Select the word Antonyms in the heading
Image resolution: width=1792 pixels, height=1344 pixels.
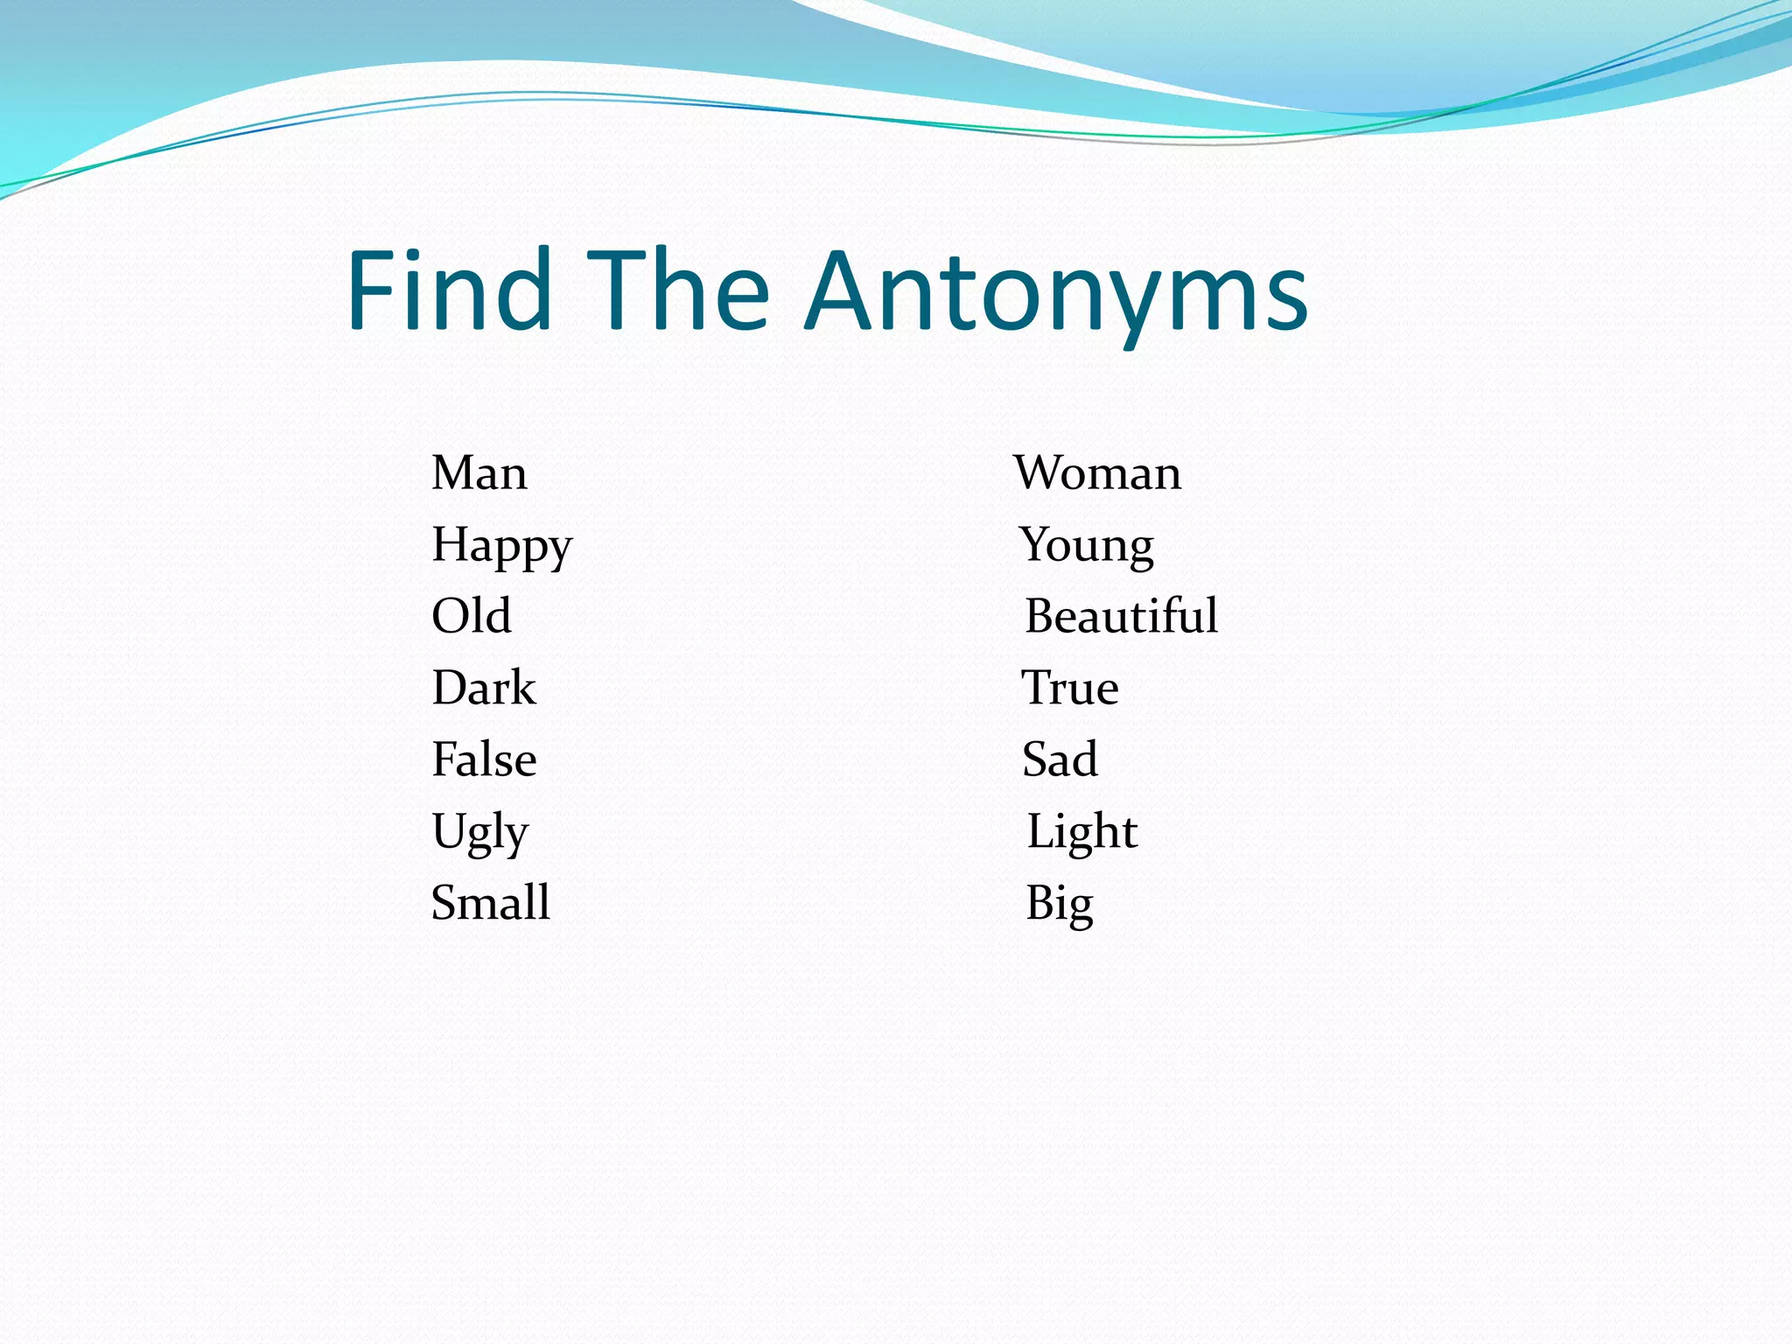tap(1056, 293)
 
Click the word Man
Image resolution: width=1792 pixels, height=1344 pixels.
tap(479, 473)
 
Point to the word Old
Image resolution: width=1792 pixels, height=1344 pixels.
tap(471, 616)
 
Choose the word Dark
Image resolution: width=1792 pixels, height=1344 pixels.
tap(483, 688)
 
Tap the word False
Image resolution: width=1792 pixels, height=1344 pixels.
tap(484, 759)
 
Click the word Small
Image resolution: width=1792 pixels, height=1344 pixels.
tap(491, 903)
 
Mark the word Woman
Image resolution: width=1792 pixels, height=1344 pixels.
tap(1098, 473)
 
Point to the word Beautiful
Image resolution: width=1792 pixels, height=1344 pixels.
tap(1121, 616)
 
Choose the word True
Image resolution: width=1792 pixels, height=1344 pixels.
tap(1070, 688)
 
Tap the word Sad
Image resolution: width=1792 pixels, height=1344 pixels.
tap(1060, 759)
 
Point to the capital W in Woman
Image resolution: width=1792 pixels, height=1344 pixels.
tap(1040, 473)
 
